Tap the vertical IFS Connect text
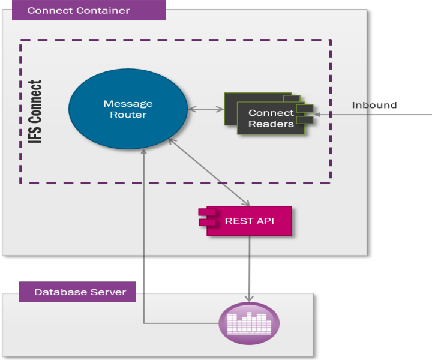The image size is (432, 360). pyautogui.click(x=36, y=112)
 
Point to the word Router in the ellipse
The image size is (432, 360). pyautogui.click(x=128, y=115)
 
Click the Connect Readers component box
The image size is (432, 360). pyautogui.click(x=270, y=118)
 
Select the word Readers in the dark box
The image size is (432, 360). pyautogui.click(x=271, y=124)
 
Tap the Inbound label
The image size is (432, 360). pyautogui.click(x=374, y=105)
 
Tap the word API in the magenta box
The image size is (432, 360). pyautogui.click(x=265, y=221)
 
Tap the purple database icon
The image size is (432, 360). pyautogui.click(x=249, y=323)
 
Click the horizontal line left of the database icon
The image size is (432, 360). pyautogui.click(x=180, y=323)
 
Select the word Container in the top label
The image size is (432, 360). pyautogui.click(x=107, y=10)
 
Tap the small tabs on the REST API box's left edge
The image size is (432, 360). pyautogui.click(x=207, y=217)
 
